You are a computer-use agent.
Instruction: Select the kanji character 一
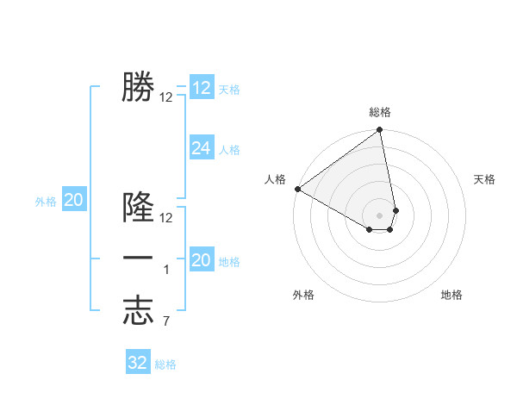point(138,259)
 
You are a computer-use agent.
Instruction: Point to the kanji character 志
point(138,310)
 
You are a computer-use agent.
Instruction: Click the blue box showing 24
point(202,148)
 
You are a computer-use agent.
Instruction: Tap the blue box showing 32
point(138,363)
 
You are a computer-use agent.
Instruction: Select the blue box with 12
point(202,88)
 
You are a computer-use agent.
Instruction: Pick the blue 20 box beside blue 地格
point(202,260)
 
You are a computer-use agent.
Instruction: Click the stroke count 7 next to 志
point(166,321)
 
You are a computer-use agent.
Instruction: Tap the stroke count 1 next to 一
point(166,271)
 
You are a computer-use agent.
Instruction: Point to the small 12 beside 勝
point(166,97)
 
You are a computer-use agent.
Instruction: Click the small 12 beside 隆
point(166,218)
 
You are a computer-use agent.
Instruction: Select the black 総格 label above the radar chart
point(380,112)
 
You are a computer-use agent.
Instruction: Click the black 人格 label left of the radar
point(276,179)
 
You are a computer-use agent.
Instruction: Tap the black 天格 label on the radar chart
point(484,179)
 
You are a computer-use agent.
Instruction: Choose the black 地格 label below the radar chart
point(452,295)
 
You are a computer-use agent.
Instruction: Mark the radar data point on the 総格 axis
point(379,131)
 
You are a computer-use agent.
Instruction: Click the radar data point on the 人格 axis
point(297,189)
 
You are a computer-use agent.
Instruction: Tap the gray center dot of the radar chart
point(379,214)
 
